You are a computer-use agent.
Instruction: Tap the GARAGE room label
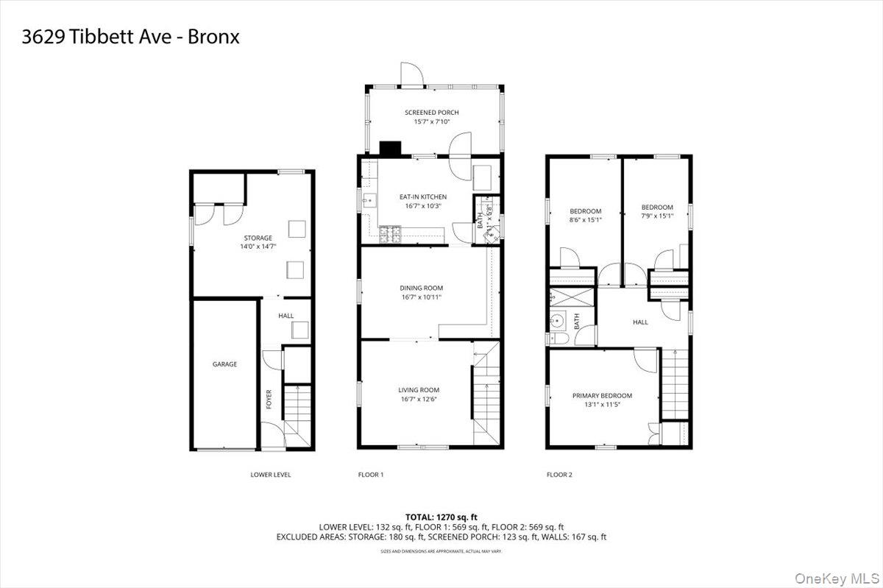tap(225, 364)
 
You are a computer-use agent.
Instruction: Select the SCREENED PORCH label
tap(432, 113)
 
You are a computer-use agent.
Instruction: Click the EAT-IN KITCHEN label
tap(423, 196)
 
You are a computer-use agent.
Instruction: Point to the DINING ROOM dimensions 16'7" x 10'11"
tap(422, 297)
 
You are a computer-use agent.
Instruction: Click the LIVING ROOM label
tap(419, 390)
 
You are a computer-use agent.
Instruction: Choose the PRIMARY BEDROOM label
tap(602, 395)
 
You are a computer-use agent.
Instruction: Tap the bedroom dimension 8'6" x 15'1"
tap(586, 219)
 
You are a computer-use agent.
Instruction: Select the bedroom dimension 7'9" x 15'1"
tap(657, 216)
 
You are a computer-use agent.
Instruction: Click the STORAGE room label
tap(258, 238)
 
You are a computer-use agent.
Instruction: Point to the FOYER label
tap(269, 399)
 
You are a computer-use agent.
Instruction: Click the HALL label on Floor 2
tap(640, 322)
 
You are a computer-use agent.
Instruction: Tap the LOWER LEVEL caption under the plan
tap(271, 475)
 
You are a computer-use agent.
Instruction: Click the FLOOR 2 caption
tap(559, 475)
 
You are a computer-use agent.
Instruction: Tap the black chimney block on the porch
tap(390, 148)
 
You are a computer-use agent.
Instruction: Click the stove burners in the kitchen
tap(389, 235)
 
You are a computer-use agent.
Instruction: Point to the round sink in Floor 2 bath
tap(558, 320)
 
